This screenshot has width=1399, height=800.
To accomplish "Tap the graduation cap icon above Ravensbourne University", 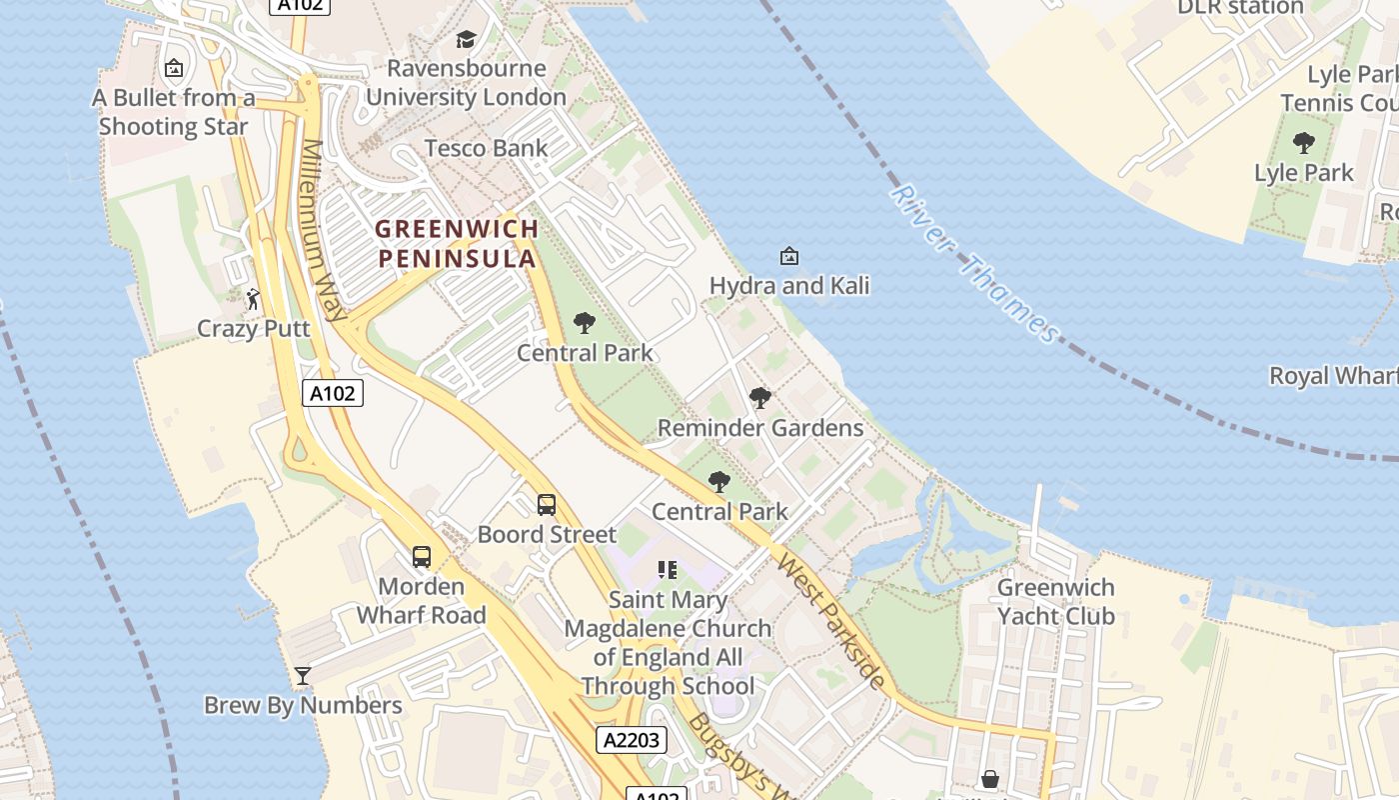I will (x=466, y=39).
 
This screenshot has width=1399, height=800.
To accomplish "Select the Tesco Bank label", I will (x=486, y=148).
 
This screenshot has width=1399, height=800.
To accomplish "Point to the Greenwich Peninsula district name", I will (x=457, y=243).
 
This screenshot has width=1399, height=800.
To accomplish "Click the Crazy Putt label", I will (x=253, y=328).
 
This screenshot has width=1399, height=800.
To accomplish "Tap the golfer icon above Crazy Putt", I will (x=253, y=298).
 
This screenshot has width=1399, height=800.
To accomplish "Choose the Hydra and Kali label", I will (x=789, y=286).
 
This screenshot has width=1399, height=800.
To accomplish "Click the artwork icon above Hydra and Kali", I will (x=789, y=256).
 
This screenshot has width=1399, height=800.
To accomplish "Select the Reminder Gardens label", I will (x=760, y=428).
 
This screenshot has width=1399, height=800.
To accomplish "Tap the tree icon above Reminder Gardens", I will (x=760, y=398).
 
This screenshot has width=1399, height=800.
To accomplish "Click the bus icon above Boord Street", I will (x=547, y=505).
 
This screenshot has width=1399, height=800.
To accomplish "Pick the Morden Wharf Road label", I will (x=422, y=600).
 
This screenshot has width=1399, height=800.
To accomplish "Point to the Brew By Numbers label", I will (x=303, y=705).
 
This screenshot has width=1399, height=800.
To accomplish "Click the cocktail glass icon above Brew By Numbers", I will (x=303, y=676).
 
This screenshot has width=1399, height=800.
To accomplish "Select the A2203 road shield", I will (x=632, y=740).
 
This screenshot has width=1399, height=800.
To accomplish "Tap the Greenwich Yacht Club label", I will (x=1056, y=601).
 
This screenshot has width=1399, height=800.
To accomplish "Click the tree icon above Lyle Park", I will (x=1304, y=143).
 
